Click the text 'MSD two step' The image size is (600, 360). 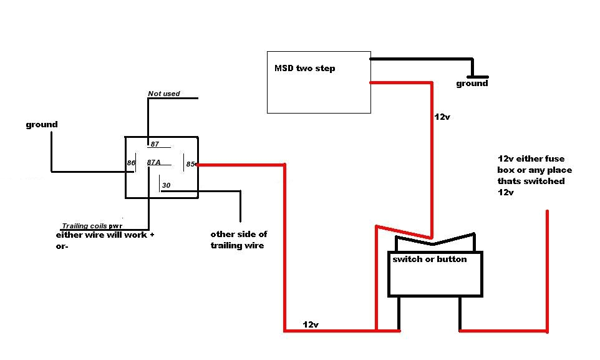click(304, 68)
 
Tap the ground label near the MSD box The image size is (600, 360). click(472, 84)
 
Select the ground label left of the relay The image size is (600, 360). click(42, 125)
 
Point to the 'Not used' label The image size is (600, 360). click(163, 94)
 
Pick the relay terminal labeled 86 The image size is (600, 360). click(131, 163)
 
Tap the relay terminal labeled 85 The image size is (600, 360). click(190, 165)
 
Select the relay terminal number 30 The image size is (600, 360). click(166, 185)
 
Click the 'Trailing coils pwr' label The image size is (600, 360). click(92, 226)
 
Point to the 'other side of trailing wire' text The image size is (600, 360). click(238, 240)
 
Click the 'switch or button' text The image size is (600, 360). click(429, 260)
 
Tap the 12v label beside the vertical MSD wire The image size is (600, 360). click(442, 117)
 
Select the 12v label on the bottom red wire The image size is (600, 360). click(311, 325)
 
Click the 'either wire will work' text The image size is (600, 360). click(102, 235)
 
